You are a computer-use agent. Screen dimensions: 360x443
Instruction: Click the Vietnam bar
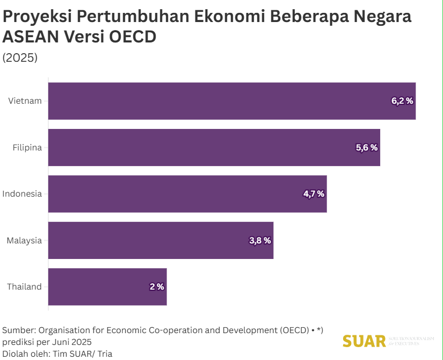(x=231, y=101)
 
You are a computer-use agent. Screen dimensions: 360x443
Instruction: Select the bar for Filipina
(x=214, y=147)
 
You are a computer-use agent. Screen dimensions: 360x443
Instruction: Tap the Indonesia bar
(x=187, y=194)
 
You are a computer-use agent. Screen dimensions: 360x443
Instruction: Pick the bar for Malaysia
(x=160, y=240)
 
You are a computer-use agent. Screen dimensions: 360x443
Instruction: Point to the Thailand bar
(x=107, y=287)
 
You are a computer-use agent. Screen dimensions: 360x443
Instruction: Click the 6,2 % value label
(x=402, y=100)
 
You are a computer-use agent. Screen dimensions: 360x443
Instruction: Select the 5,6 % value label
(x=367, y=147)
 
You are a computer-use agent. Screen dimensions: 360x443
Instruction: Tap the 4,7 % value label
(x=314, y=194)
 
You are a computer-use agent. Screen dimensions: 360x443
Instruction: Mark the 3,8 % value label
(x=260, y=240)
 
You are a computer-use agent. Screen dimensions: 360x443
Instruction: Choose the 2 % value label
(x=157, y=287)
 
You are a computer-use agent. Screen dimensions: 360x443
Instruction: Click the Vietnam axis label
(x=25, y=101)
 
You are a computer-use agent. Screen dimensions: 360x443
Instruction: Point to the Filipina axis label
(x=27, y=147)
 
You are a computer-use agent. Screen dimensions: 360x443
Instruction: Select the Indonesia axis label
(x=22, y=194)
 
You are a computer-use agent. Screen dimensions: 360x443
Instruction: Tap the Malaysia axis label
(x=24, y=240)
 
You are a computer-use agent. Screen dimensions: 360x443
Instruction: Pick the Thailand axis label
(x=24, y=287)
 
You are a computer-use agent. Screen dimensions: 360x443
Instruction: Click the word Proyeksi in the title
(x=37, y=17)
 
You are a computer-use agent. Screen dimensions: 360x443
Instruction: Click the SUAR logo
(x=365, y=341)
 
